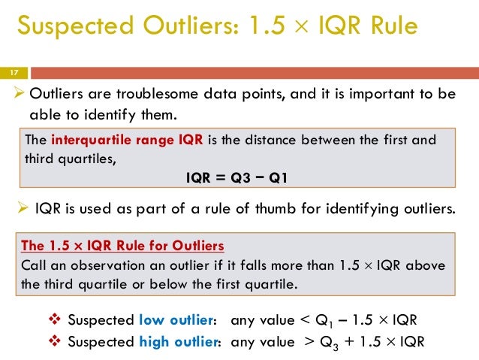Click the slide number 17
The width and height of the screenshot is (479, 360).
[x=13, y=73]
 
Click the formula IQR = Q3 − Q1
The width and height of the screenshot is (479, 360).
[x=236, y=178]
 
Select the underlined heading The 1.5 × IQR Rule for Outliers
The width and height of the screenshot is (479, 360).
[x=122, y=247]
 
